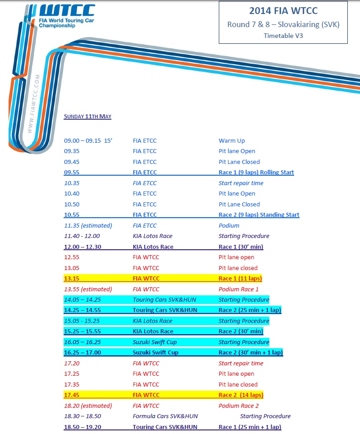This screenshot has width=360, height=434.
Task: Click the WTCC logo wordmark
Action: coord(68,10)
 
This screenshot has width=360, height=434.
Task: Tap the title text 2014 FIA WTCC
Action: coord(283,11)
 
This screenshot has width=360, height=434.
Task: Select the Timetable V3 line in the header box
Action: coord(283,36)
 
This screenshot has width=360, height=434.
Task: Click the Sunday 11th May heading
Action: coord(88,116)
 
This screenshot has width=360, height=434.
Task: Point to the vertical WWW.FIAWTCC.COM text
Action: coord(34,104)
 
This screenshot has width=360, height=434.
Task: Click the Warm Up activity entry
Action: coord(232,140)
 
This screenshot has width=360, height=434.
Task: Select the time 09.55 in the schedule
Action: coord(72,172)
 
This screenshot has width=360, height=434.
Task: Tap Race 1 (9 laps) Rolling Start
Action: coord(256,172)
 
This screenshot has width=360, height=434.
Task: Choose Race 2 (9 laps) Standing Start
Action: coord(259,215)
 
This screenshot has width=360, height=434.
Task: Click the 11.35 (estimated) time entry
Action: coord(88,225)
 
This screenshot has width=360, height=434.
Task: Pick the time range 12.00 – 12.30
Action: coord(83,247)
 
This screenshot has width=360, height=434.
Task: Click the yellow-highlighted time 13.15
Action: coord(72,279)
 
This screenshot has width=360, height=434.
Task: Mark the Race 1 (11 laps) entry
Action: coord(240,279)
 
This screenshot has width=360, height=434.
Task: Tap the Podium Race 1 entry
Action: coord(238,289)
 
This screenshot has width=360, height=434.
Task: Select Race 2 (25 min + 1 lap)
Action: coord(249,310)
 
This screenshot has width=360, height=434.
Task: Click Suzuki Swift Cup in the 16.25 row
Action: coord(155,352)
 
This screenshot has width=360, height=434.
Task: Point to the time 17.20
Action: coord(72,363)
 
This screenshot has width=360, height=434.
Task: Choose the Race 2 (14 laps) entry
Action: coord(241,395)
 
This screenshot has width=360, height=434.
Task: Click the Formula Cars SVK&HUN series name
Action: coord(165,416)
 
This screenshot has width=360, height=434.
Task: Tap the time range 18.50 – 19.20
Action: coord(83,427)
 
